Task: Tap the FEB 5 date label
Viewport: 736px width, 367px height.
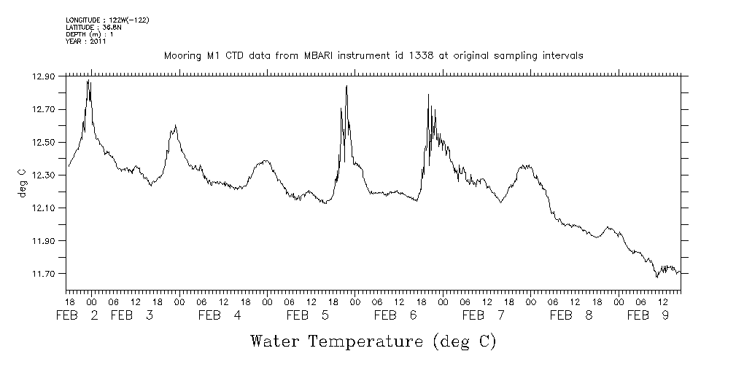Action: click(x=308, y=315)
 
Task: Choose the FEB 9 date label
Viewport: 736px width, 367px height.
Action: click(x=648, y=315)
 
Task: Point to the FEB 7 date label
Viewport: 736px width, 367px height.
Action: click(x=484, y=315)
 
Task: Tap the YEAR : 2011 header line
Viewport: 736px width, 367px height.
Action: click(x=86, y=42)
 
